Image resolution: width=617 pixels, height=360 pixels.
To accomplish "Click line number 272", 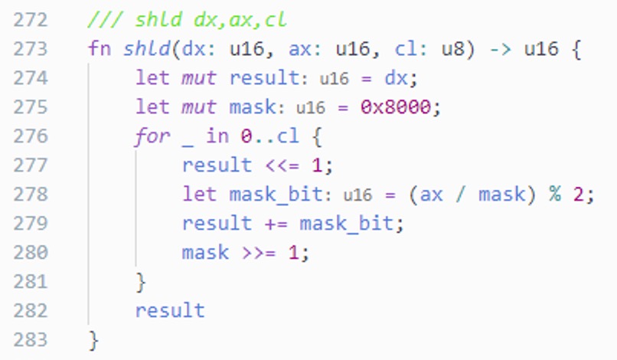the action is tap(31, 19).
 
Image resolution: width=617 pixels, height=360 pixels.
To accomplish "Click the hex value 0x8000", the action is tap(399, 107).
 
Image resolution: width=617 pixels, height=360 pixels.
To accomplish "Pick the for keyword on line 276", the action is tap(152, 136).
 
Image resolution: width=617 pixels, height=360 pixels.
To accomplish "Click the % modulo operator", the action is tap(554, 195).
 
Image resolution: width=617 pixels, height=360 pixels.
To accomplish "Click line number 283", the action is tap(31, 339).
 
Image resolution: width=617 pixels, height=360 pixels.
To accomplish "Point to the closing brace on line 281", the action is tap(140, 282).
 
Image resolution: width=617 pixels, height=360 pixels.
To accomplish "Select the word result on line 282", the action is tap(170, 311).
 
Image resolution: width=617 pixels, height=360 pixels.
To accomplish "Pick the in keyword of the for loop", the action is tap(217, 136).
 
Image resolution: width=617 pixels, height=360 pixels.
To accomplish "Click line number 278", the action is tap(31, 195).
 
